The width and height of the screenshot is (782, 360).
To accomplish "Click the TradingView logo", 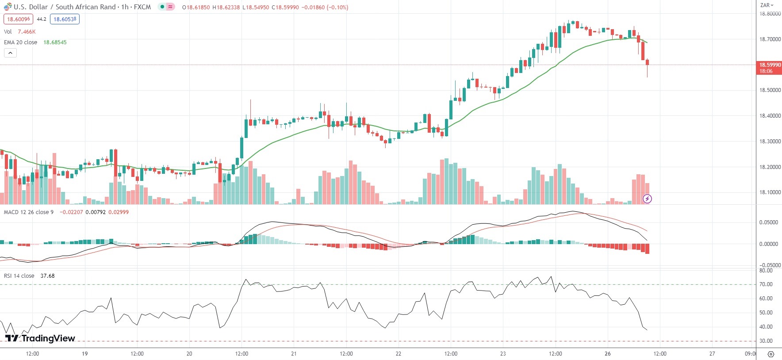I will pyautogui.click(x=40, y=338).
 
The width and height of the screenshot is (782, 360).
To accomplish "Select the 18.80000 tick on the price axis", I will pyautogui.click(x=770, y=14).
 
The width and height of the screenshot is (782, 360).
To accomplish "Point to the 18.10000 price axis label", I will pyautogui.click(x=770, y=192).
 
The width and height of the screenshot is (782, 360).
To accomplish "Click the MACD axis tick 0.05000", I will pyautogui.click(x=769, y=222).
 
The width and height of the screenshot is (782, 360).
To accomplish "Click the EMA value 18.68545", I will pyautogui.click(x=55, y=42).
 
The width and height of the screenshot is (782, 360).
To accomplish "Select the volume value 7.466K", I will pyautogui.click(x=27, y=32).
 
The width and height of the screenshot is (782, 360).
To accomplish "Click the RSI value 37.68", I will pyautogui.click(x=47, y=276).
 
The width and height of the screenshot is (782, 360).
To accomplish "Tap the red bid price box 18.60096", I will pyautogui.click(x=19, y=19).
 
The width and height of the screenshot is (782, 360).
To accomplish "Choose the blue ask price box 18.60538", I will pyautogui.click(x=65, y=19).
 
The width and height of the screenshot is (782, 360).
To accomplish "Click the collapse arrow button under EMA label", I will pyautogui.click(x=10, y=53).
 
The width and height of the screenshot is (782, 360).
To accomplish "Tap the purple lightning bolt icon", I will pyautogui.click(x=647, y=199).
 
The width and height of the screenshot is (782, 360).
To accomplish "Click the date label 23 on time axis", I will pyautogui.click(x=503, y=354).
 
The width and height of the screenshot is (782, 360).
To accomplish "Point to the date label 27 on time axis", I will pyautogui.click(x=712, y=354).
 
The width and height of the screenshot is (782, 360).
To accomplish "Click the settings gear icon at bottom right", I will pyautogui.click(x=771, y=354).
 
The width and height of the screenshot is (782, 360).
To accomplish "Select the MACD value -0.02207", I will pyautogui.click(x=71, y=212).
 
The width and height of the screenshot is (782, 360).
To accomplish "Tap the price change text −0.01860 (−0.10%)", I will pyautogui.click(x=325, y=8).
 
